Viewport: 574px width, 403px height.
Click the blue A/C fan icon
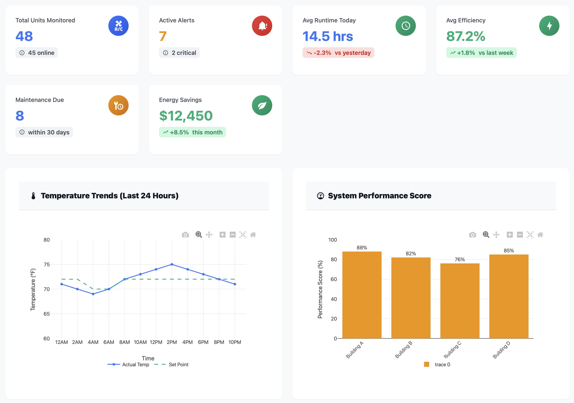pyautogui.click(x=118, y=26)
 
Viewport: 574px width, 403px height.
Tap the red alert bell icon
pyautogui.click(x=262, y=26)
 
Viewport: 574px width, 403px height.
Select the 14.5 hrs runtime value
pyautogui.click(x=328, y=36)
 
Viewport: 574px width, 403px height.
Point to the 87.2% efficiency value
pyautogui.click(x=465, y=36)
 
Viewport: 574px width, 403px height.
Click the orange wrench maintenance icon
pyautogui.click(x=118, y=105)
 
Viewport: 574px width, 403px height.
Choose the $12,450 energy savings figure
pyautogui.click(x=186, y=116)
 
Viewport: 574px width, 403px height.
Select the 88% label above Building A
pyautogui.click(x=362, y=247)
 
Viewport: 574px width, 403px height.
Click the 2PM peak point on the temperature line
pyautogui.click(x=172, y=264)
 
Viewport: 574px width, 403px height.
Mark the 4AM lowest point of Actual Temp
pyautogui.click(x=93, y=294)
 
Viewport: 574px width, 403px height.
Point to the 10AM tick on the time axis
pyautogui.click(x=140, y=342)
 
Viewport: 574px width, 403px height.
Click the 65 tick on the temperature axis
pyautogui.click(x=46, y=314)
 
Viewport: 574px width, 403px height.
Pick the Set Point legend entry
pyautogui.click(x=178, y=365)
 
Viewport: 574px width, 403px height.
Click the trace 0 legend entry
pyautogui.click(x=442, y=365)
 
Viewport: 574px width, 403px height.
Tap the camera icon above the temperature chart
pyautogui.click(x=185, y=235)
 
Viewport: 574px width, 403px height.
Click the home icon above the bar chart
pyautogui.click(x=540, y=235)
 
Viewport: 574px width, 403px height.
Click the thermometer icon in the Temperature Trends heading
pyautogui.click(x=33, y=196)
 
